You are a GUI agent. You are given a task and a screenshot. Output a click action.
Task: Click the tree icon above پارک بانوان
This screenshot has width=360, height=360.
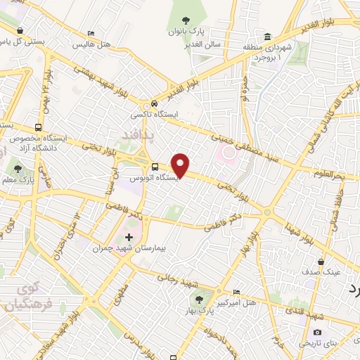click(205, 21)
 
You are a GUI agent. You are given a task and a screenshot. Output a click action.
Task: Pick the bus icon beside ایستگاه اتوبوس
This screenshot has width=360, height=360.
click(155, 167)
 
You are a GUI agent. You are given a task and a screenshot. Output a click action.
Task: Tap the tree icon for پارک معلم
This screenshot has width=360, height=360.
click(18, 168)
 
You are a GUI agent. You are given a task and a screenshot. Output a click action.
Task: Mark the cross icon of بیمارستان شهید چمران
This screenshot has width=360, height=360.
click(129, 236)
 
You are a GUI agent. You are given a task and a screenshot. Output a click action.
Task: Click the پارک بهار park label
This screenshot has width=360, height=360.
click(204, 310)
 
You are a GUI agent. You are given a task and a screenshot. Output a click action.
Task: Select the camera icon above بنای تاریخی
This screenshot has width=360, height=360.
click(317, 332)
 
